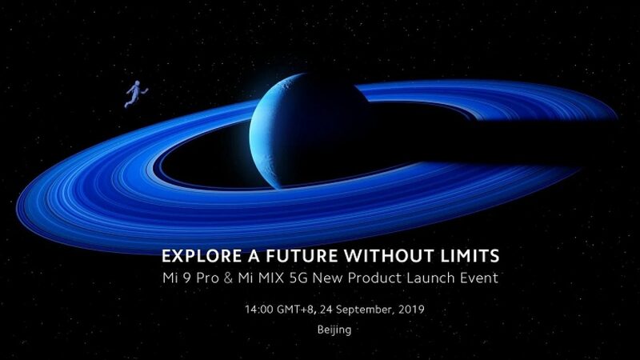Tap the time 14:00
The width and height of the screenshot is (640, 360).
(259, 308)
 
